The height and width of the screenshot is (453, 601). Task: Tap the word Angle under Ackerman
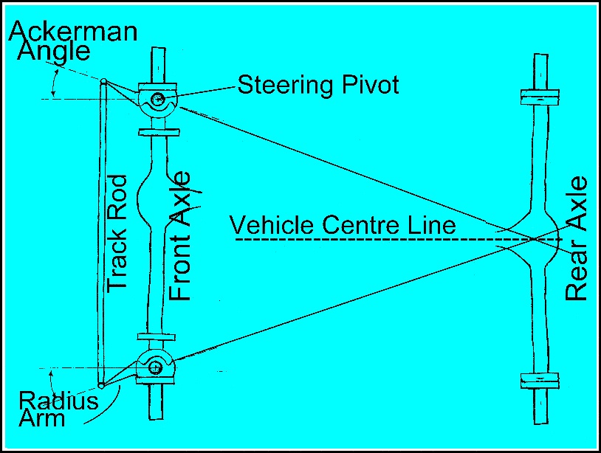55,52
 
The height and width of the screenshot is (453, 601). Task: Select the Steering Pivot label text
317,85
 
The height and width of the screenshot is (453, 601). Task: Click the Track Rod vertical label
117,232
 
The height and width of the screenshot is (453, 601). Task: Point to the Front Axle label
179,236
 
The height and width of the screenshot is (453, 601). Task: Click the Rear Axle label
576,238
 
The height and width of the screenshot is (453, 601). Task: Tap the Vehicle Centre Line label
343,224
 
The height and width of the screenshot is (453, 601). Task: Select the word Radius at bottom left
58,401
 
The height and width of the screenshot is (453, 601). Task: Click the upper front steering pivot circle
156,100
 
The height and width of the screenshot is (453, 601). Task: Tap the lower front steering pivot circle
155,365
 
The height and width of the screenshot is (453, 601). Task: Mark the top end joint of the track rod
103,81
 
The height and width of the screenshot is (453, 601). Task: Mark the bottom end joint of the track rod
101,384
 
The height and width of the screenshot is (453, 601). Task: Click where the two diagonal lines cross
533,238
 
